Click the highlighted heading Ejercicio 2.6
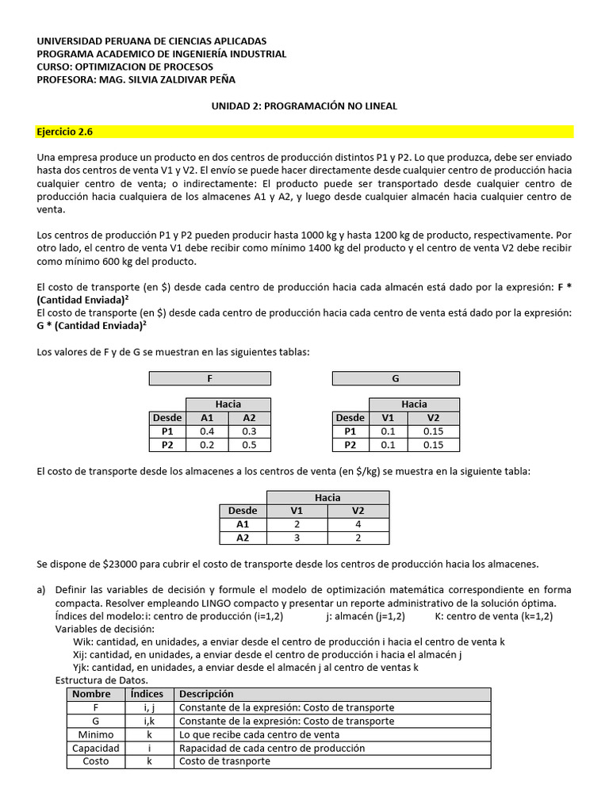click(70, 132)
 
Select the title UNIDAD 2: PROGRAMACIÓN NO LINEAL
click(304, 105)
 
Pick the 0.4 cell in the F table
click(207, 431)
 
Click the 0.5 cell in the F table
click(250, 446)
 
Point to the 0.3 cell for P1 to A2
click(250, 431)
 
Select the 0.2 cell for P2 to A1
click(207, 446)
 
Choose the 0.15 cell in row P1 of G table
click(433, 431)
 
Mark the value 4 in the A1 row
click(358, 524)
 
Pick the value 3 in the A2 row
click(295, 538)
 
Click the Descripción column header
click(207, 694)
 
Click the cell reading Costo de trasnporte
click(224, 761)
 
